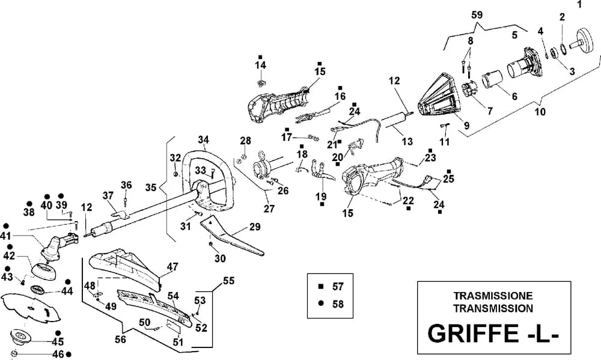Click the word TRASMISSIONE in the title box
click(493, 296)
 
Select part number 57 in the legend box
click(338, 287)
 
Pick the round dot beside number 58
click(321, 304)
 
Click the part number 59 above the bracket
click(477, 15)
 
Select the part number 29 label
click(255, 227)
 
